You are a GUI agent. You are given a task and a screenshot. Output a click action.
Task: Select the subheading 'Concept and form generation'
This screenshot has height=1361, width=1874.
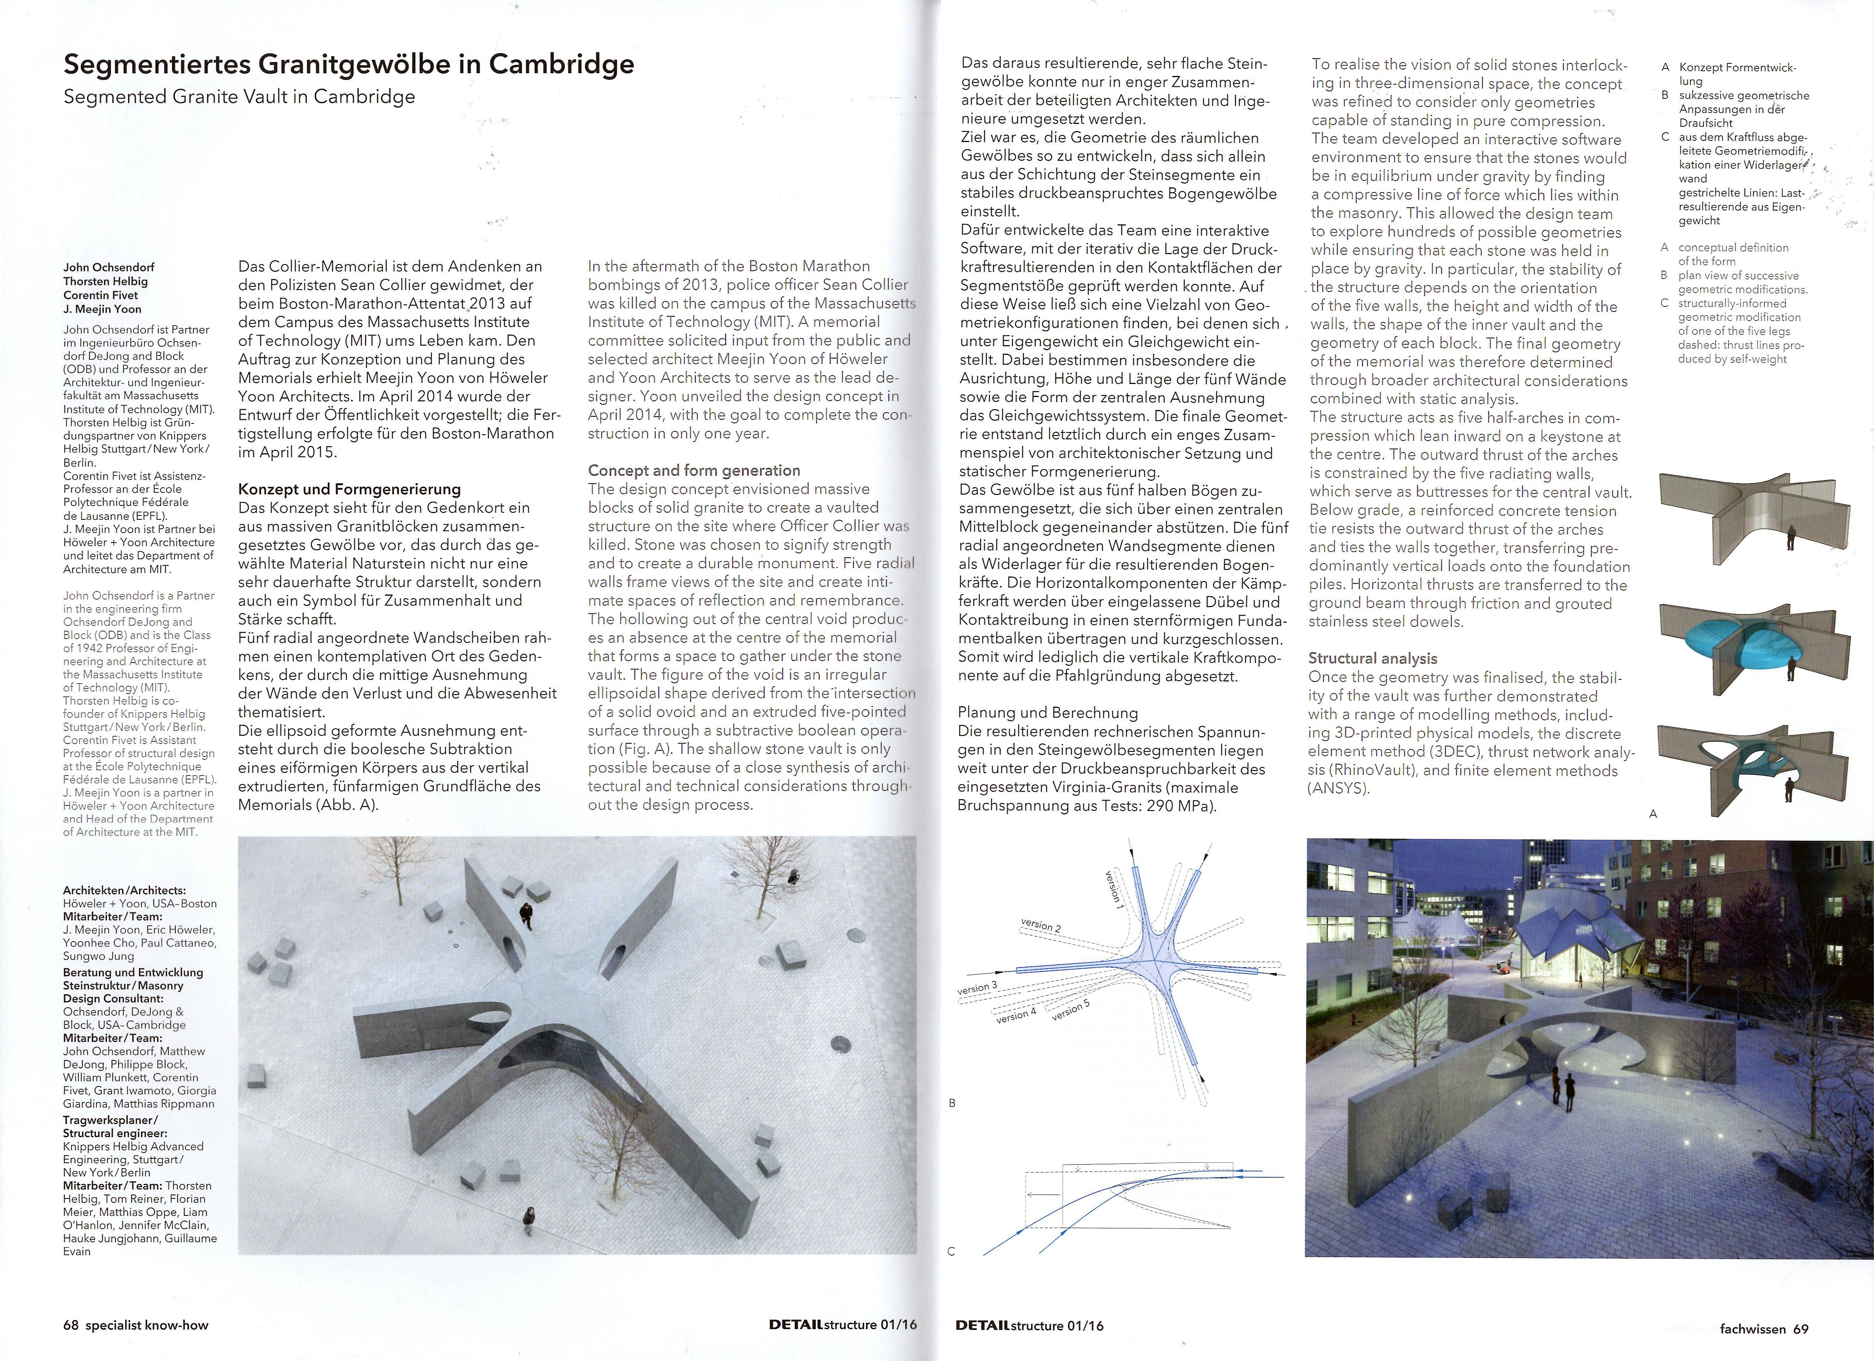694,470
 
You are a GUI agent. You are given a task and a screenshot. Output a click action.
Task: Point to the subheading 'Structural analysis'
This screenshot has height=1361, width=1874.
1372,659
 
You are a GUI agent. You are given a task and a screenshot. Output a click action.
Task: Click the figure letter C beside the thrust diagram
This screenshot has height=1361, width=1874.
951,1251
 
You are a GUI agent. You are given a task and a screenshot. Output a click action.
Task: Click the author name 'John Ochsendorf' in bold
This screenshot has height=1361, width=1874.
108,267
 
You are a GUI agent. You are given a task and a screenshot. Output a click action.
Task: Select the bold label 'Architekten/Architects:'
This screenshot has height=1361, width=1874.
124,890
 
